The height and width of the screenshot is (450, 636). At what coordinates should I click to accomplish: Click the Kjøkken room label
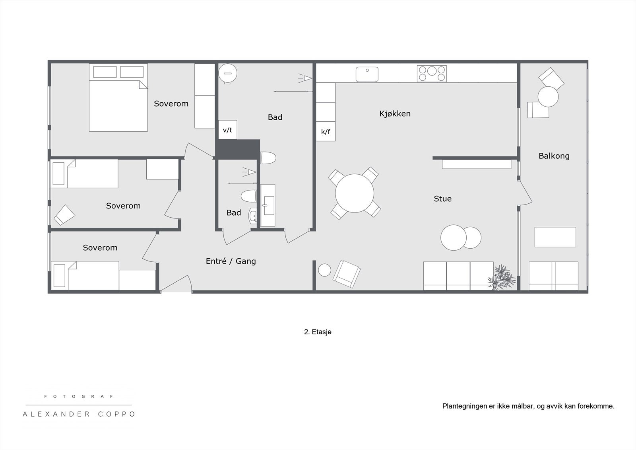[x=395, y=114]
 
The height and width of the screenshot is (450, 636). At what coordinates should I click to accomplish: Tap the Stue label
[x=442, y=199]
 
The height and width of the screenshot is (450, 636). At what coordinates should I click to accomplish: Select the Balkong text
[x=554, y=156]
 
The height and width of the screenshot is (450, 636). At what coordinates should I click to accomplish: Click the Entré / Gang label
[x=231, y=261]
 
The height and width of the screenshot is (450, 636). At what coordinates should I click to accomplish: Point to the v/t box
[x=227, y=130]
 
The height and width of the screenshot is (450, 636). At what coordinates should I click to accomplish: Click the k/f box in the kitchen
[x=326, y=132]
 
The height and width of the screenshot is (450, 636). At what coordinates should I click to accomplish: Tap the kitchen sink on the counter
[x=367, y=74]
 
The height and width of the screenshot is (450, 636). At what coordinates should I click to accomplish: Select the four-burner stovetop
[x=432, y=74]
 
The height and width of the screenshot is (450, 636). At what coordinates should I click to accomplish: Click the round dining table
[x=355, y=193]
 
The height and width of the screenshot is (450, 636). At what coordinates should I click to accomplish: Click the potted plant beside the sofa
[x=502, y=277]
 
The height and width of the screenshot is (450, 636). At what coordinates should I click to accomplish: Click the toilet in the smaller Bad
[x=249, y=196]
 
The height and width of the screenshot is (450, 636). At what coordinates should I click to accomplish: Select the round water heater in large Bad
[x=228, y=73]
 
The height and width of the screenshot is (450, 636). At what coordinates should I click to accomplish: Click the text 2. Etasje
[x=318, y=332]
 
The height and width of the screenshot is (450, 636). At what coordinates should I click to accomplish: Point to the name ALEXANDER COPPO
[x=79, y=414]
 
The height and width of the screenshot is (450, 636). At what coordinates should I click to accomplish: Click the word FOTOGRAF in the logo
[x=79, y=396]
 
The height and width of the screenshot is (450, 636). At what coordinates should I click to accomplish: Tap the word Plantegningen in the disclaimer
[x=463, y=406]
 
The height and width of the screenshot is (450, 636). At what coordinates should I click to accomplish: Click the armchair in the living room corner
[x=347, y=274]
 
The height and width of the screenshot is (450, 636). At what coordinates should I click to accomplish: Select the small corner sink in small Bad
[x=253, y=216]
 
